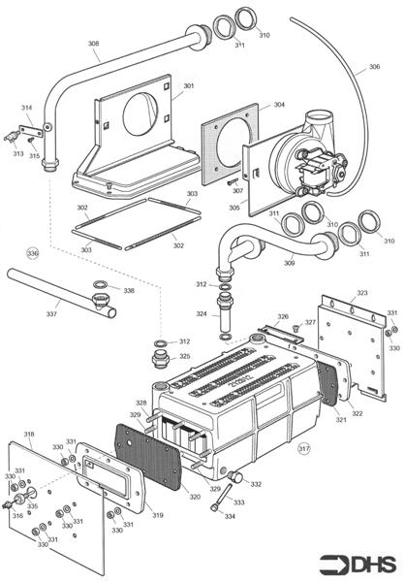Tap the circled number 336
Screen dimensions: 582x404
pyautogui.click(x=33, y=253)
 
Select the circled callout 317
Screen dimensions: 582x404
pyautogui.click(x=304, y=448)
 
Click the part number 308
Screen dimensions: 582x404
pyautogui.click(x=93, y=44)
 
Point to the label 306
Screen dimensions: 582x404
pyautogui.click(x=374, y=68)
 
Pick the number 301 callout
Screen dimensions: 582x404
pyautogui.click(x=188, y=86)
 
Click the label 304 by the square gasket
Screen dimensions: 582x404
pyautogui.click(x=252, y=104)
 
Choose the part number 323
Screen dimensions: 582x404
pyautogui.click(x=361, y=292)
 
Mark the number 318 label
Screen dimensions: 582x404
pyautogui.click(x=29, y=434)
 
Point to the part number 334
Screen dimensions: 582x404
pyautogui.click(x=230, y=516)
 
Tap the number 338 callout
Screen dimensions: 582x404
pyautogui.click(x=129, y=290)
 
